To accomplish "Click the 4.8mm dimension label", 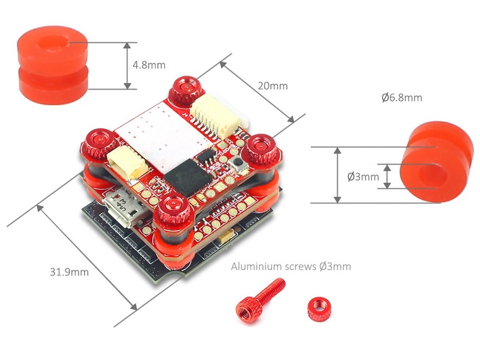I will point(149,65).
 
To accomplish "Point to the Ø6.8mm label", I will point(401,98).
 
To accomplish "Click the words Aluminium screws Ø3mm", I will point(291,266).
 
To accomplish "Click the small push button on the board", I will point(237,165).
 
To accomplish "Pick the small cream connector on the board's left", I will point(126,163).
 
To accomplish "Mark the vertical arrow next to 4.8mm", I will point(127,66).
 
